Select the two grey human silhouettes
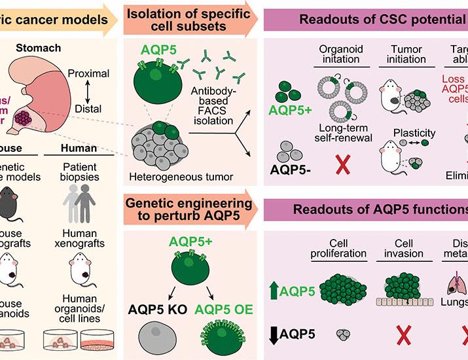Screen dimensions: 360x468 pos(82,204)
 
